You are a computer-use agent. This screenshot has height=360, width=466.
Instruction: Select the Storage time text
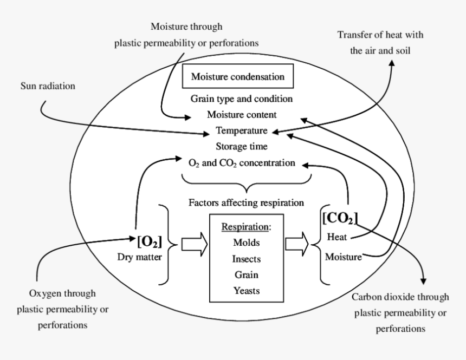pyautogui.click(x=241, y=146)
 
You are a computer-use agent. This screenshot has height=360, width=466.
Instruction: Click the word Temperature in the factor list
pyautogui.click(x=241, y=130)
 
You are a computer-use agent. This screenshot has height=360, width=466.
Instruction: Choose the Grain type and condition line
pyautogui.click(x=241, y=99)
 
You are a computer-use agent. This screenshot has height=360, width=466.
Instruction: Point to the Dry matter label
pyautogui.click(x=139, y=257)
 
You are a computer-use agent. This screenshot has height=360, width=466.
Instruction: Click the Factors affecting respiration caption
pyautogui.click(x=245, y=203)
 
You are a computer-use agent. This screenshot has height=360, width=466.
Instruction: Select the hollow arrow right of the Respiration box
pyautogui.click(x=296, y=245)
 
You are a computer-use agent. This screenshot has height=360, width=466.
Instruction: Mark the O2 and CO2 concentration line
pyautogui.click(x=241, y=162)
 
